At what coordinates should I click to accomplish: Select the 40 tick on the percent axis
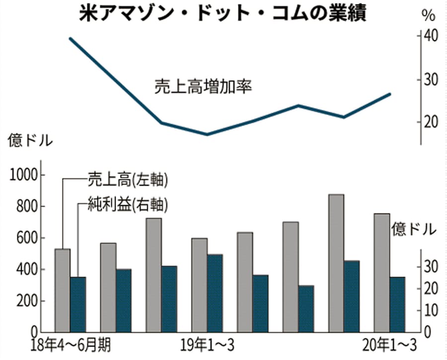tap(431, 36)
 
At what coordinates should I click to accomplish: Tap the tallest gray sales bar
tap(336, 263)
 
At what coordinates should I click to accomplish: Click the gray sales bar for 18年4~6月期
tap(62, 290)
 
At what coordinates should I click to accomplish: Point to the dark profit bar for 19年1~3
tap(215, 293)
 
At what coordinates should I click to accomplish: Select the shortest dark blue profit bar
tap(306, 308)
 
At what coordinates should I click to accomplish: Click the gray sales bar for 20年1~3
tap(381, 273)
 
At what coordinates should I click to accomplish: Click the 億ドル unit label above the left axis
tap(29, 141)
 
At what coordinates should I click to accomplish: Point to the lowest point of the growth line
tap(207, 134)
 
